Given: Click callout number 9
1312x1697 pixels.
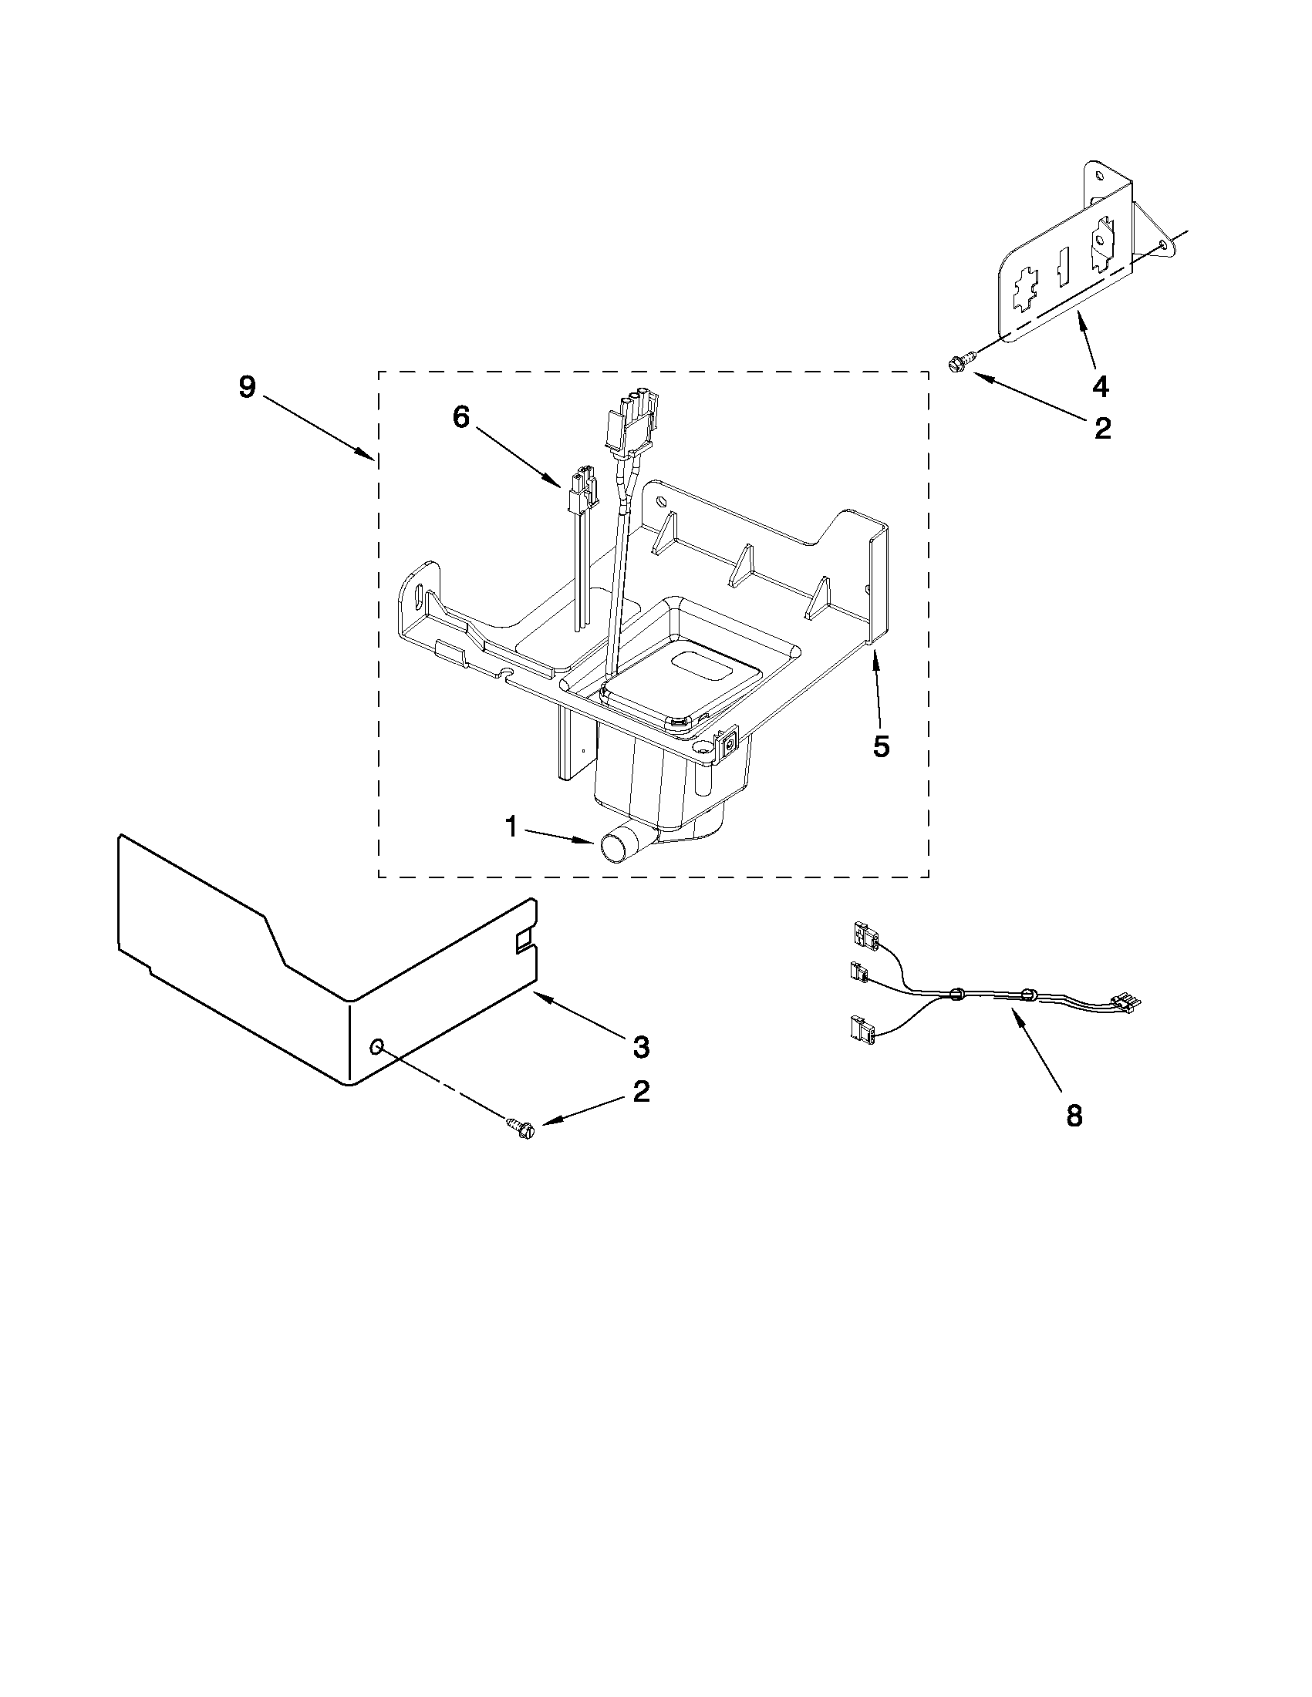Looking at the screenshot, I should [x=246, y=386].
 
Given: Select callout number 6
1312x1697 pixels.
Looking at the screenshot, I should [x=461, y=417].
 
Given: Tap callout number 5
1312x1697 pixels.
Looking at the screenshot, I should [x=881, y=746].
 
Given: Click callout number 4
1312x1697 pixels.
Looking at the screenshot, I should [x=1101, y=386].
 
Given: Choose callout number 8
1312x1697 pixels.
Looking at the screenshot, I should [x=1074, y=1116].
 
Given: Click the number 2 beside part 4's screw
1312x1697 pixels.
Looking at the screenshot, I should [x=1102, y=427].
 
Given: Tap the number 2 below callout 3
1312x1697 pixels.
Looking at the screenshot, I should [x=640, y=1092].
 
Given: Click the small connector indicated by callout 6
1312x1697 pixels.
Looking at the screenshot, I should [x=582, y=491].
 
